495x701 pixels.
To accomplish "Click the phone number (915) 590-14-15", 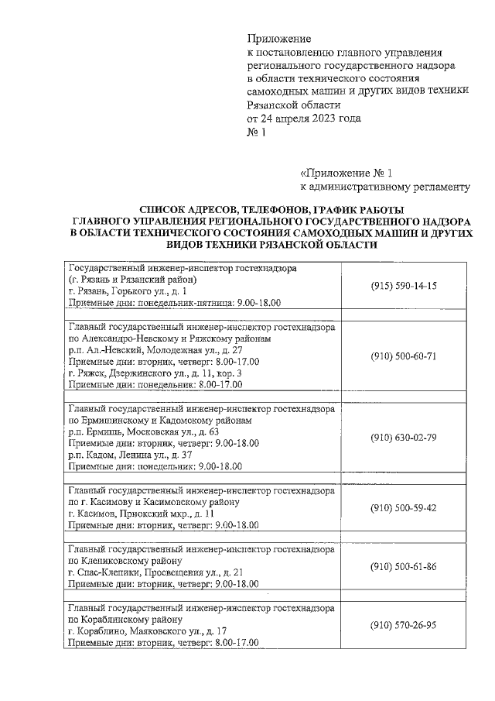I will (404, 285).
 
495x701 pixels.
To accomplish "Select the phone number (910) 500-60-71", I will (404, 356).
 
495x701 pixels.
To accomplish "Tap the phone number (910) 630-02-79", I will (404, 438).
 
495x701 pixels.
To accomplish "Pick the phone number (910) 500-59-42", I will (404, 507).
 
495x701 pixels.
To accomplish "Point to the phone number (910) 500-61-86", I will (404, 566).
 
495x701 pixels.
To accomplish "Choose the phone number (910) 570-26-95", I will (404, 625).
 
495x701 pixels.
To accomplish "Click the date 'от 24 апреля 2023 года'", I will (304, 119).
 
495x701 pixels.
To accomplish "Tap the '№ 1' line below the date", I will (256, 132).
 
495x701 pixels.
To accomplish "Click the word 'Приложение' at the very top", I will (278, 38).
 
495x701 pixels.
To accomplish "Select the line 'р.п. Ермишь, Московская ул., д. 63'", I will (144, 431).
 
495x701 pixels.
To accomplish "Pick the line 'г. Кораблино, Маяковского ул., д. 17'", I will (147, 631).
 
